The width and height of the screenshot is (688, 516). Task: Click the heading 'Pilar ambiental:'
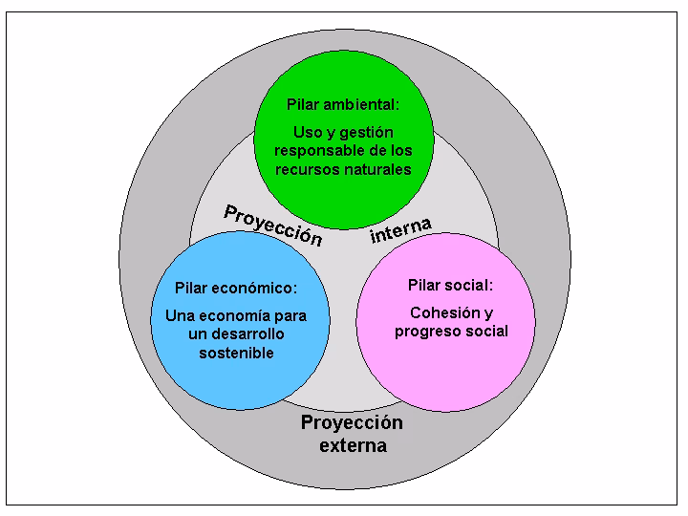point(343,105)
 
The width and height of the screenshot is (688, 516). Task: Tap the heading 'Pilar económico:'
point(236,288)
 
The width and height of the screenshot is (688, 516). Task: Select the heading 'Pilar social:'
point(450,285)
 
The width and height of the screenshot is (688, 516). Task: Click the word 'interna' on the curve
point(400,229)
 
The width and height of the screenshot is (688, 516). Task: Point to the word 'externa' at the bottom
point(353,445)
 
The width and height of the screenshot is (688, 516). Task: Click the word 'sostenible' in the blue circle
point(237,353)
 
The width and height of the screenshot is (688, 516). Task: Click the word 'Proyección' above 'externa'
point(353,423)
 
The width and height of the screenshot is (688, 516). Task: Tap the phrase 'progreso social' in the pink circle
point(451,332)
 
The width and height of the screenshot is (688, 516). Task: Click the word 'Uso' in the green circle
point(308,133)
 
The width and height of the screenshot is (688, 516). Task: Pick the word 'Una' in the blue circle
point(180,316)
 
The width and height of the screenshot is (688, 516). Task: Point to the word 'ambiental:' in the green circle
point(363,105)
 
